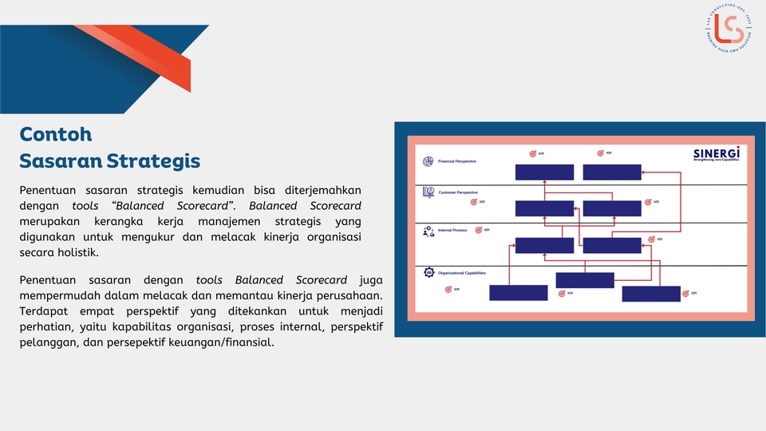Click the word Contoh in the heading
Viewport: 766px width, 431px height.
[x=56, y=134]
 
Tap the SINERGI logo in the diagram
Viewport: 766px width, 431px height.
[x=716, y=153]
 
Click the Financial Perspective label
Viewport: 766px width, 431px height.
[x=457, y=161]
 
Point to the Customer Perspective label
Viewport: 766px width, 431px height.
[x=458, y=192]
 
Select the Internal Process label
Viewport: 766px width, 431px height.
[x=452, y=231]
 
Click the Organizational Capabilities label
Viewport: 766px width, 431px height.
[x=462, y=273]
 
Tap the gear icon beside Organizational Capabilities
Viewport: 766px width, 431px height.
[x=428, y=273]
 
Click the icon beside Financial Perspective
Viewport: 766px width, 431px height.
[x=428, y=161]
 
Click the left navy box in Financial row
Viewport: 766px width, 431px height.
[x=544, y=172]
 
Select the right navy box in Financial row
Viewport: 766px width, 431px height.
[x=612, y=172]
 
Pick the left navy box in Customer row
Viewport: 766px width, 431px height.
[x=544, y=208]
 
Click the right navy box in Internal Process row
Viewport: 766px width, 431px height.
[x=612, y=245]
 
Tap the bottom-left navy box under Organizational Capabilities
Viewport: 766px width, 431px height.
[x=518, y=293]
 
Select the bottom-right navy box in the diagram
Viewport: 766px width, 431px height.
[x=651, y=294]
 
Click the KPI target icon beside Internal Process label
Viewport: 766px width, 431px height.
[x=479, y=231]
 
